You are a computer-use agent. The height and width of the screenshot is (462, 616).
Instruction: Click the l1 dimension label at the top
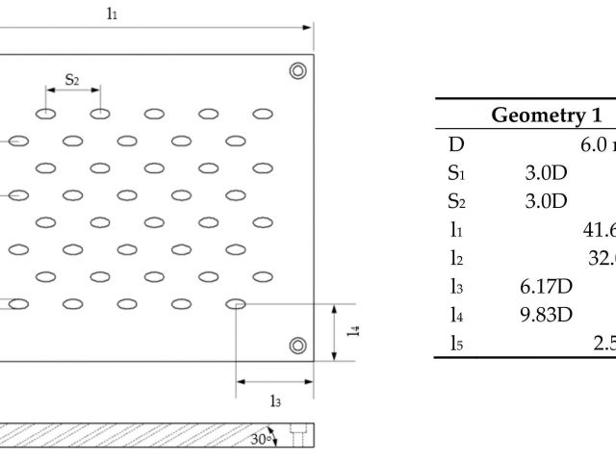pyautogui.click(x=113, y=15)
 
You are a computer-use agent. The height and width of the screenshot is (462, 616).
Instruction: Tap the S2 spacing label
pyautogui.click(x=72, y=78)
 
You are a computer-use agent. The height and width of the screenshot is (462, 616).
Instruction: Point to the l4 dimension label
pyautogui.click(x=354, y=330)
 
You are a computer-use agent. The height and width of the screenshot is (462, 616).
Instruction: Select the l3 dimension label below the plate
pyautogui.click(x=277, y=401)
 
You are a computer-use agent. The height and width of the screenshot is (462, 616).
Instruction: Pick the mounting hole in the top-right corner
pyautogui.click(x=298, y=69)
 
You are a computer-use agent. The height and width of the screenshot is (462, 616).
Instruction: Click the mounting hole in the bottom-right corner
pyautogui.click(x=298, y=345)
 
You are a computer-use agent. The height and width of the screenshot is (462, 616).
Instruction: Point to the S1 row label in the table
pyautogui.click(x=457, y=173)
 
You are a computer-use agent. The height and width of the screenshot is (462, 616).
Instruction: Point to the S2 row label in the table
pyautogui.click(x=457, y=201)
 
